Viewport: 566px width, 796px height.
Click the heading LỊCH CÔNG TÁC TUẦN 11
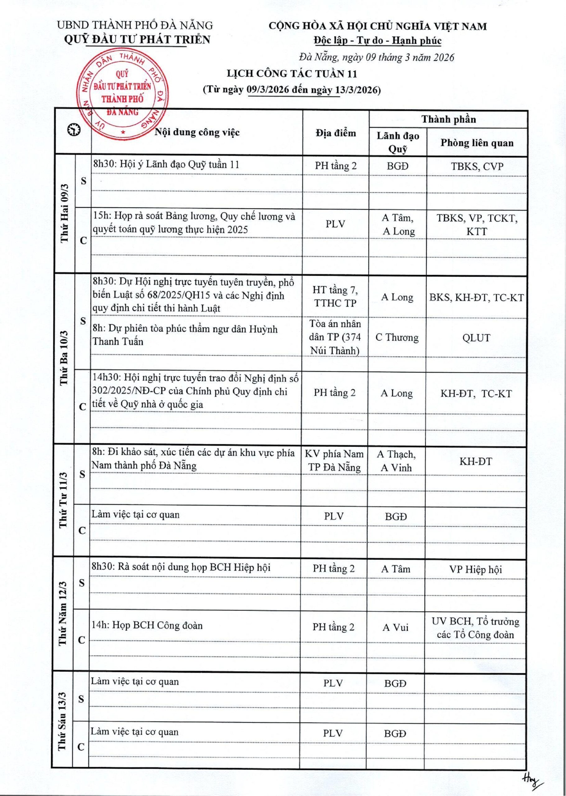click(x=292, y=74)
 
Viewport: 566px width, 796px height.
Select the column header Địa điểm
click(x=336, y=133)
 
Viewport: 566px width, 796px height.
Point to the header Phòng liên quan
click(x=476, y=143)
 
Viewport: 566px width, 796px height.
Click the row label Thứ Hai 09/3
click(x=65, y=213)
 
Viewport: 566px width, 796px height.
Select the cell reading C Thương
click(x=397, y=337)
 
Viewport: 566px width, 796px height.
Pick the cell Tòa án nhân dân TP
click(x=335, y=337)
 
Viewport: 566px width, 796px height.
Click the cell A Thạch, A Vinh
click(x=396, y=461)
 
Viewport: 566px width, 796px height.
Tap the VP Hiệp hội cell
click(x=475, y=570)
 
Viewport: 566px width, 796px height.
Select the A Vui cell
click(x=395, y=627)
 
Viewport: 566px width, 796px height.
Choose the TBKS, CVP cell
click(x=477, y=166)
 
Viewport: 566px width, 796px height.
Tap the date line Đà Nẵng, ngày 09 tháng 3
click(x=376, y=57)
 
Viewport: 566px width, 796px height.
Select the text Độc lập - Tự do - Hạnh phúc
click(x=377, y=41)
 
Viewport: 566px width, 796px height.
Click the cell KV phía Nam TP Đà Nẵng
click(x=334, y=460)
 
